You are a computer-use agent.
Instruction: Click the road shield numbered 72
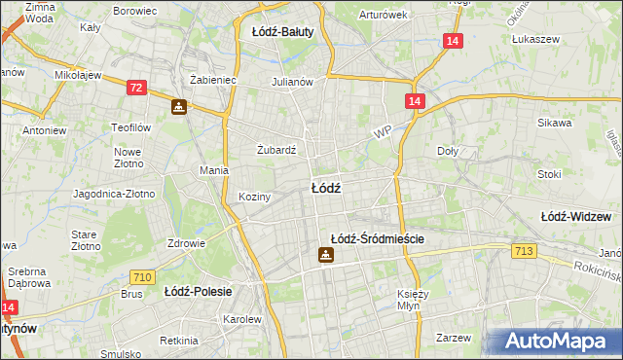135,89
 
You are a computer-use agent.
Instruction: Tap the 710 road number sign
142,277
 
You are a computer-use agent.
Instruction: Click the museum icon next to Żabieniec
179,106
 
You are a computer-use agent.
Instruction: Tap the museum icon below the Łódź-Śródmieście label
326,256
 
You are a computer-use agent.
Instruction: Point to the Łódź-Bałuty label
282,31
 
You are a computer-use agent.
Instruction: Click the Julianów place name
292,82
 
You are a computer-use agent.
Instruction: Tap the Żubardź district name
275,150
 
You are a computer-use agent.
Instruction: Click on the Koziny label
255,197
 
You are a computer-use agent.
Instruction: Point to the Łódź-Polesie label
196,291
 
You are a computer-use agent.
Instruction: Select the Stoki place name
549,175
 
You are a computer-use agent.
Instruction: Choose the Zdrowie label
185,243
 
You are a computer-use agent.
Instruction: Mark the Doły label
448,151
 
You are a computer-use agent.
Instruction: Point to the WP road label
382,129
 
